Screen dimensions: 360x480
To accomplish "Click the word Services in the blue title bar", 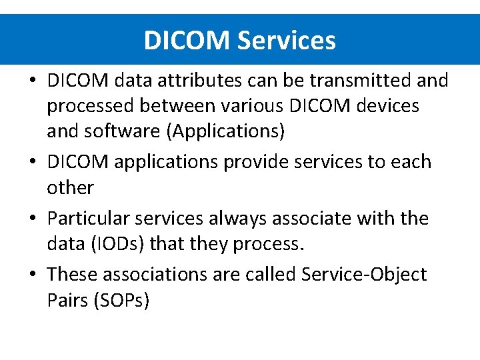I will coord(286,41).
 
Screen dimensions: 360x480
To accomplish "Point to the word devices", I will coord(386,106).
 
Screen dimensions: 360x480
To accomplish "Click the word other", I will coord(70,187).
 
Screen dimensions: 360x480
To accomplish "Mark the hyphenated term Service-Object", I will coord(364,275).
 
